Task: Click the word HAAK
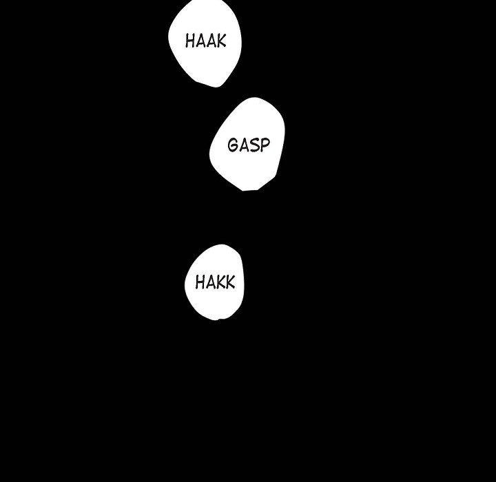pos(205,41)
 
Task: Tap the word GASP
pos(249,145)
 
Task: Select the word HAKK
pos(215,282)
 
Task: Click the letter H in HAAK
pos(190,41)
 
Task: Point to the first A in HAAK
pos(200,41)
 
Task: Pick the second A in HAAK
pos(211,41)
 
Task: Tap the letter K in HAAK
pos(221,41)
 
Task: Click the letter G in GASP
pos(233,145)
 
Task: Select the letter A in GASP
pos(244,145)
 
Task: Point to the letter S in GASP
pos(254,145)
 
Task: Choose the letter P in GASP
pos(265,145)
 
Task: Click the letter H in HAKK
pos(200,282)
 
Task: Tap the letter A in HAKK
pos(210,282)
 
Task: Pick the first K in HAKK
pos(220,282)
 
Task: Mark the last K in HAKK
pos(230,282)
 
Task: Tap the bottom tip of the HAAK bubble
pos(217,87)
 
